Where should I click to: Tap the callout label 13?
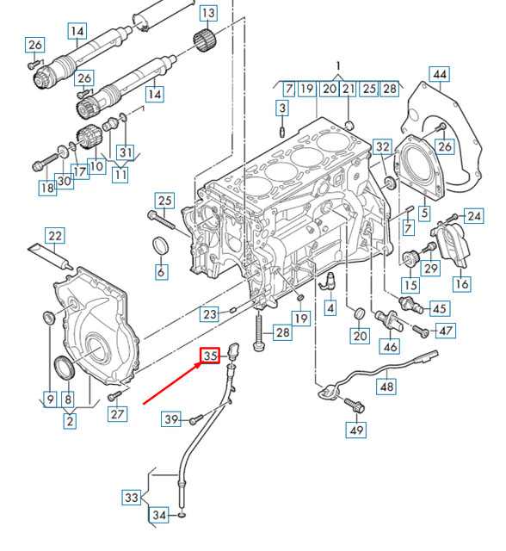click(x=209, y=14)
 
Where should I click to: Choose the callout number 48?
click(x=386, y=387)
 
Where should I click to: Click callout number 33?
click(x=131, y=497)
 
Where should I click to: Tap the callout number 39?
click(x=171, y=419)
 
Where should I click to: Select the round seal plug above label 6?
click(x=160, y=246)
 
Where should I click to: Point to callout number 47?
click(x=446, y=330)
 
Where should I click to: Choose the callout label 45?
click(x=439, y=308)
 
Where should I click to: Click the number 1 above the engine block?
click(x=338, y=66)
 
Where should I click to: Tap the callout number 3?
click(x=281, y=108)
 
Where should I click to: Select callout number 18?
click(x=46, y=187)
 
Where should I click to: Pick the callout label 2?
click(x=70, y=421)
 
